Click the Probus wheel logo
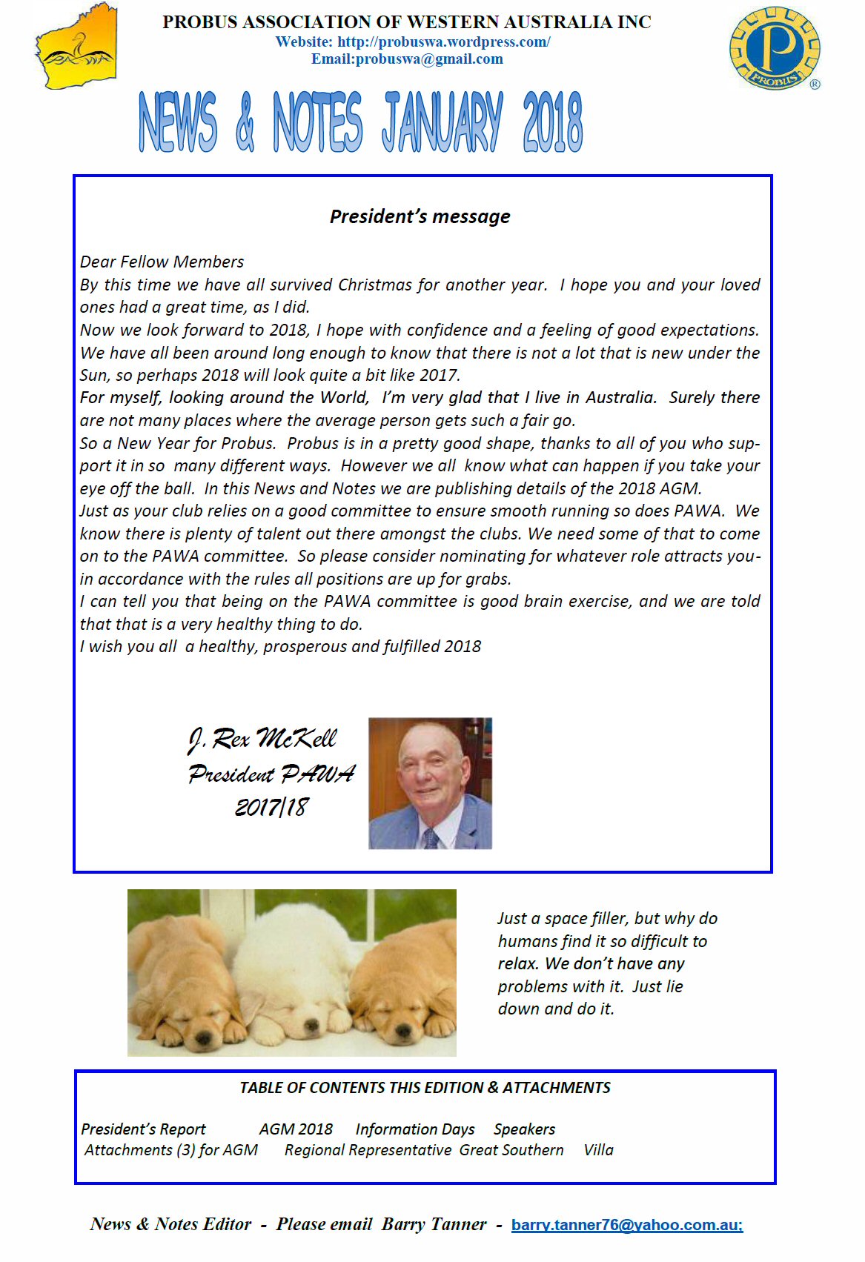[775, 48]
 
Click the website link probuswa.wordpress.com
[443, 42]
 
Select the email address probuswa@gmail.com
[429, 59]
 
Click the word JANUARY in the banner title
[442, 122]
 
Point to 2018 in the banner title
[552, 122]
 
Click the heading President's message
[420, 216]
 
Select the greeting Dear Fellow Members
[162, 262]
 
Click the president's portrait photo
[430, 783]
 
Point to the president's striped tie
[431, 838]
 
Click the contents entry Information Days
[415, 1129]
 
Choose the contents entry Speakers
[524, 1129]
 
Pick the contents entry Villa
[598, 1150]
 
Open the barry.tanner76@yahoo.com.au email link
[626, 1225]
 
